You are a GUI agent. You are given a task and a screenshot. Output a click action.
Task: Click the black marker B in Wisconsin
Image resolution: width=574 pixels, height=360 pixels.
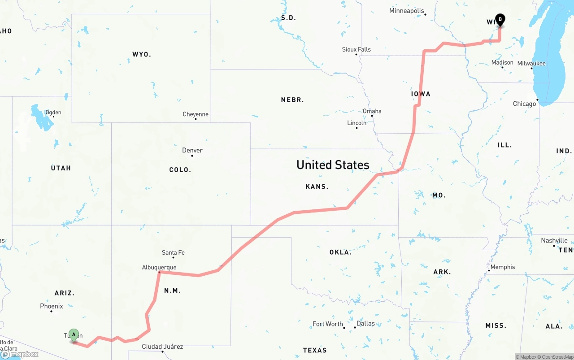click(500, 20)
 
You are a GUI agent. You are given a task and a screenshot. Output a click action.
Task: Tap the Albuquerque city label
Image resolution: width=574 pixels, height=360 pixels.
click(159, 267)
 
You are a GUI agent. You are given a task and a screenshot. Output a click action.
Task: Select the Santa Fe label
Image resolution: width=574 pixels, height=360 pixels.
click(173, 252)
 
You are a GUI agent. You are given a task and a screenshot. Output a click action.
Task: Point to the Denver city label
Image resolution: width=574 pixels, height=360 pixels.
click(192, 150)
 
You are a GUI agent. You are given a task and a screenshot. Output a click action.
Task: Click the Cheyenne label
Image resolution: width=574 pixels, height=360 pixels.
click(196, 114)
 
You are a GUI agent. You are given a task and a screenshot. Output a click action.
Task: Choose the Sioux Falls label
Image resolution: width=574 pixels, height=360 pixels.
click(356, 49)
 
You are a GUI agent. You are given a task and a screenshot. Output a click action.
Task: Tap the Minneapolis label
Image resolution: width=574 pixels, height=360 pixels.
click(406, 11)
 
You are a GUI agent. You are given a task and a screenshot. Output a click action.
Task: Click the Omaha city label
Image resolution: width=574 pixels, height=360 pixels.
click(372, 111)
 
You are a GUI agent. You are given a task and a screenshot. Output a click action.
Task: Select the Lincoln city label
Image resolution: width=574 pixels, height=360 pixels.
click(357, 123)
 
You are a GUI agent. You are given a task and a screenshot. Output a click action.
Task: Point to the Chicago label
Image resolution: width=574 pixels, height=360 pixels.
click(524, 104)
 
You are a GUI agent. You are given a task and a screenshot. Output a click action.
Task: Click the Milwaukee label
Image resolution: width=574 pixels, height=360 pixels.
click(531, 63)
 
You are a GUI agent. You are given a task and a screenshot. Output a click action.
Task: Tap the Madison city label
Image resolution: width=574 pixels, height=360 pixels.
click(502, 62)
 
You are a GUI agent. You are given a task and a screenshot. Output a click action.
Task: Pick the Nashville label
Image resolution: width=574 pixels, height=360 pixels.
click(554, 240)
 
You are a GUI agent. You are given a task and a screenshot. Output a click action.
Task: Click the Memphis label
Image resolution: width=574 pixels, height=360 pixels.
click(503, 267)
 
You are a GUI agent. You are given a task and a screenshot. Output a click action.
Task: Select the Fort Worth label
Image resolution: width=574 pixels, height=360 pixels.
click(327, 324)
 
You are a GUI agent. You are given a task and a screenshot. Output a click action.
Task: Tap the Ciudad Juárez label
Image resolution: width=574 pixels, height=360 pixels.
click(162, 346)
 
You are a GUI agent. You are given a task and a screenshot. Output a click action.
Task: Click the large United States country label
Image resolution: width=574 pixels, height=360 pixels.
click(333, 165)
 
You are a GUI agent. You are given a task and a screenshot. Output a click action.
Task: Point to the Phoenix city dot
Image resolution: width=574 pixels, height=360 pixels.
click(51, 311)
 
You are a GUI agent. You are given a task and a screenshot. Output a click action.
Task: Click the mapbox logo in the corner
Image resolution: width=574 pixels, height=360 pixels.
click(20, 354)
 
